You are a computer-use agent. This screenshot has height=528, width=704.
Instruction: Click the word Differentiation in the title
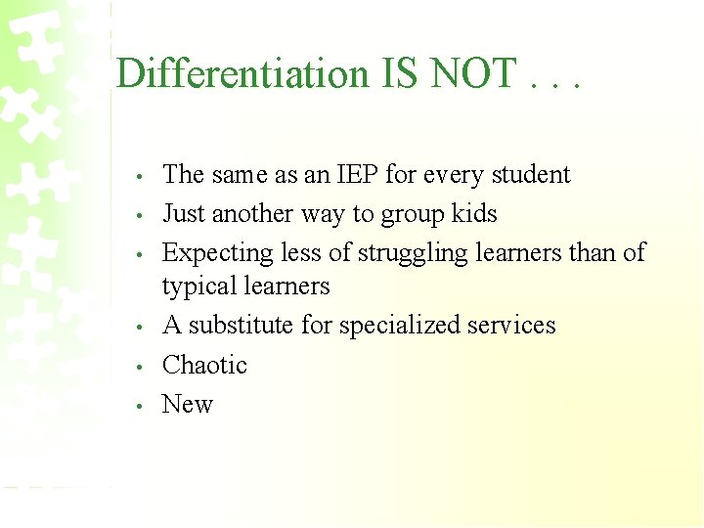[x=241, y=74]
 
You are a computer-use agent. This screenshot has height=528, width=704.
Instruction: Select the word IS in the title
[x=399, y=74]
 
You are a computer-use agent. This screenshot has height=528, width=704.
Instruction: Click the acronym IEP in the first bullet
[x=357, y=175]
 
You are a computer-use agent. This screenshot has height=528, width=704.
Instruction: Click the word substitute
[x=240, y=326]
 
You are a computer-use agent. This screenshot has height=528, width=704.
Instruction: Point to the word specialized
[x=395, y=326]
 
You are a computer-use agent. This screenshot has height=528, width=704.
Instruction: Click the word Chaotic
[x=204, y=366]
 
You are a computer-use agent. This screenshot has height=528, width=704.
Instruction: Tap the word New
[x=188, y=405]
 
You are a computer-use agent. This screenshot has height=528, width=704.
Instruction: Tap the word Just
[x=184, y=214]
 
